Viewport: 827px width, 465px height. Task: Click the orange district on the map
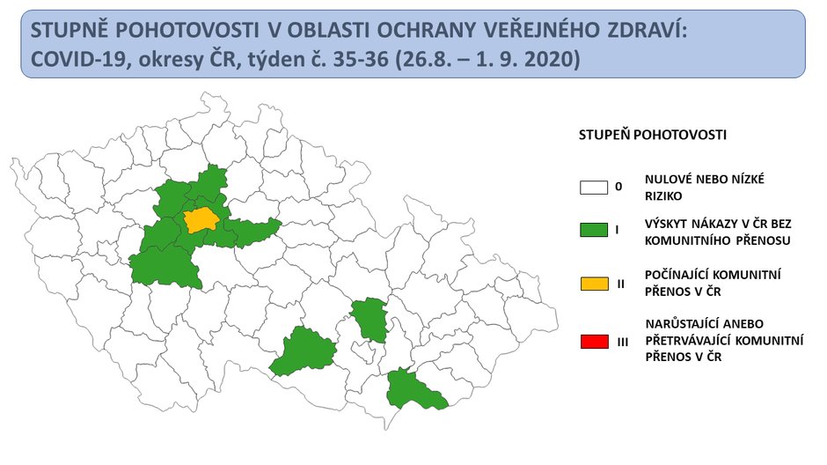pyautogui.click(x=201, y=220)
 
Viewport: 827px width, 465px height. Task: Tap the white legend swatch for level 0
pyautogui.click(x=595, y=187)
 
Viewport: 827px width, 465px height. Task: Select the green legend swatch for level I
pyautogui.click(x=595, y=231)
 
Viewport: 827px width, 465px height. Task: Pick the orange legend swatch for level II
pyautogui.click(x=595, y=284)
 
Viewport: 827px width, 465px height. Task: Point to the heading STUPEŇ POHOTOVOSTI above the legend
pyautogui.click(x=652, y=136)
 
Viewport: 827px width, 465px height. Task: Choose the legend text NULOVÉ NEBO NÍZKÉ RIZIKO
pyautogui.click(x=704, y=186)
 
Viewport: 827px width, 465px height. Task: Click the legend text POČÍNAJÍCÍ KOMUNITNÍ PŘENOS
pyautogui.click(x=707, y=283)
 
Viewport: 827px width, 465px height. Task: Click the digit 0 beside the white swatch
pyautogui.click(x=618, y=187)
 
